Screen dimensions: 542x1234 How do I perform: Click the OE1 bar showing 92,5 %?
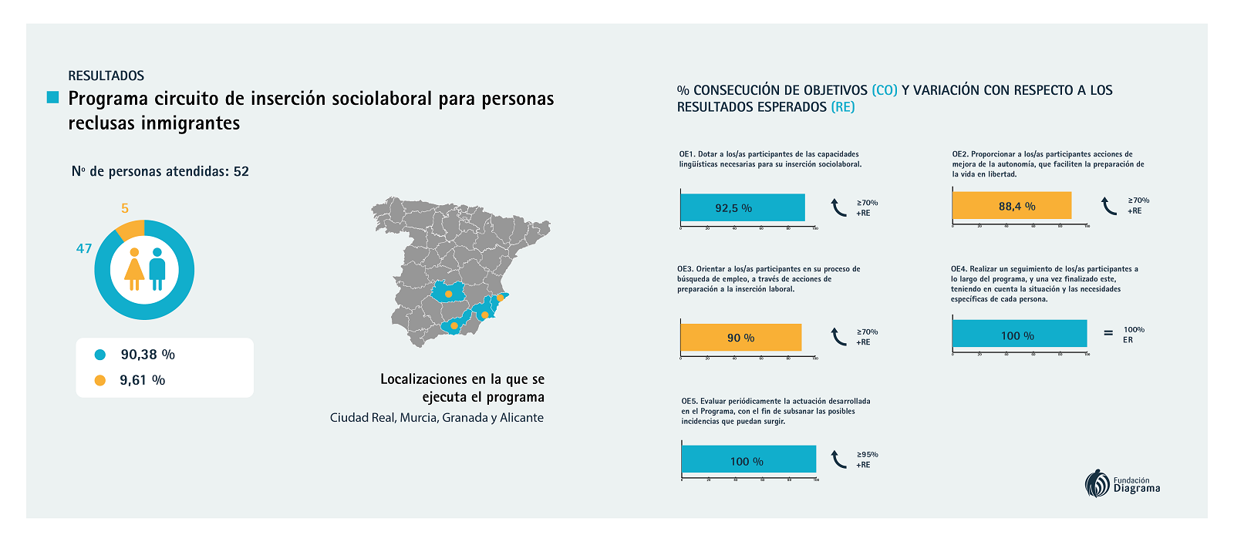click(x=742, y=208)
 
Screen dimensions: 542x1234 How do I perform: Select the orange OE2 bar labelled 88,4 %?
click(x=1011, y=206)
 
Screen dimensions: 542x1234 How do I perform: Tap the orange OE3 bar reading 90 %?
click(x=740, y=338)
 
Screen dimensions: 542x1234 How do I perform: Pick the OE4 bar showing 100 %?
click(x=1019, y=335)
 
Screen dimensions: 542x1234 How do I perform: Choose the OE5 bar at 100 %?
click(x=748, y=460)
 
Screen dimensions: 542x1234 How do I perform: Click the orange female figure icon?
click(x=134, y=269)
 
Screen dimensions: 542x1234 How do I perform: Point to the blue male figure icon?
click(x=157, y=269)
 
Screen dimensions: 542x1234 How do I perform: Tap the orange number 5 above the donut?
click(x=125, y=208)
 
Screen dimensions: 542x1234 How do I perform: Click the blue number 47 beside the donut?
click(x=84, y=248)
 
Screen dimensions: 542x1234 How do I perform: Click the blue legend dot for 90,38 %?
click(x=100, y=355)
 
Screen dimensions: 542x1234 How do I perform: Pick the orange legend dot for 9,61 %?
click(x=100, y=380)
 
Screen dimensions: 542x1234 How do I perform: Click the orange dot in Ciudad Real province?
click(x=449, y=294)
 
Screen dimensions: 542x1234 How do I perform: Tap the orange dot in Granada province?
click(x=454, y=325)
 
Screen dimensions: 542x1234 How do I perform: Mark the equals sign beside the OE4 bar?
click(x=1108, y=333)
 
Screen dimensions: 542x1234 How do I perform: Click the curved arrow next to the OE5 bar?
click(x=838, y=460)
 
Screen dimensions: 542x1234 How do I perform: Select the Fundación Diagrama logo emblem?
click(x=1097, y=484)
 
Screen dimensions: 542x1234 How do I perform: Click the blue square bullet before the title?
click(x=52, y=97)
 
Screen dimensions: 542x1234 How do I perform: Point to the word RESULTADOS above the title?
click(x=106, y=76)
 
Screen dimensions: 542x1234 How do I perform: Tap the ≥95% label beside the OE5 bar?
click(x=868, y=454)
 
